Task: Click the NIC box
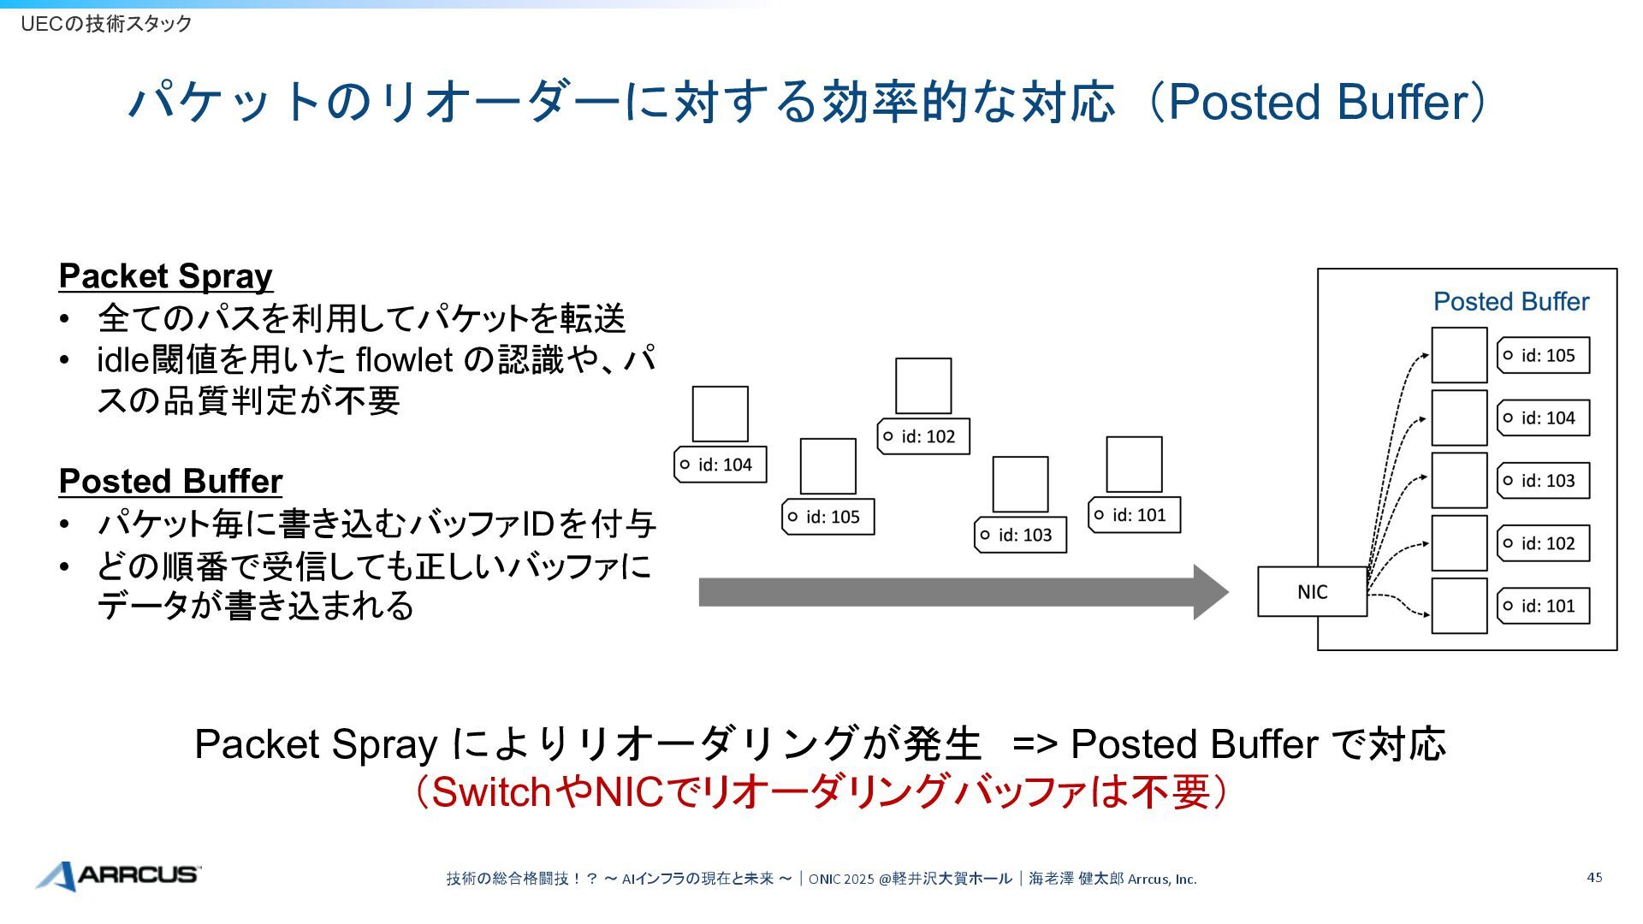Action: [x=1311, y=591]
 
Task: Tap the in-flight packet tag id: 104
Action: [x=720, y=465]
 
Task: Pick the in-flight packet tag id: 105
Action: [x=827, y=517]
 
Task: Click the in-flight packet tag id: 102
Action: [x=922, y=436]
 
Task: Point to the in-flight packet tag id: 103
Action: [x=1020, y=535]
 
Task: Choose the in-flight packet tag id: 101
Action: [x=1134, y=515]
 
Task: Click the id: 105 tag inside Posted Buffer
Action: [x=1543, y=356]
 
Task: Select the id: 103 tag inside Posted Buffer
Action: [x=1543, y=481]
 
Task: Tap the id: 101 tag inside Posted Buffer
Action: [x=1543, y=606]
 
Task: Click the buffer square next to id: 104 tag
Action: [x=1459, y=418]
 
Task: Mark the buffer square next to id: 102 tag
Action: [x=1459, y=543]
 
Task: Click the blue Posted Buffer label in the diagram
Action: [x=1510, y=302]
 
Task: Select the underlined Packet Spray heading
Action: [x=165, y=276]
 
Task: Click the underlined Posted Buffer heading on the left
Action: [x=170, y=482]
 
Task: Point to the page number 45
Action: [x=1594, y=877]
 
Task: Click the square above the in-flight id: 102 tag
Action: [x=922, y=386]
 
